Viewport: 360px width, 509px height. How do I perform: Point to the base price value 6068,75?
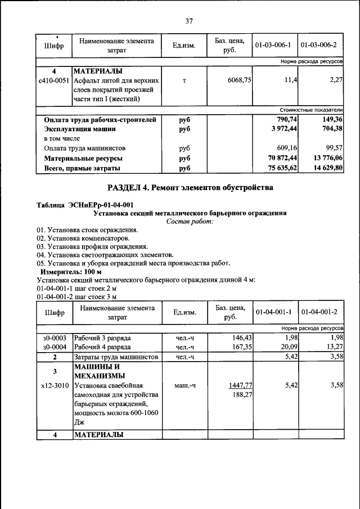238,80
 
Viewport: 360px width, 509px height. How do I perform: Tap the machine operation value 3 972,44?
283,129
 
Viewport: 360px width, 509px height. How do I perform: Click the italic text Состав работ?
190,222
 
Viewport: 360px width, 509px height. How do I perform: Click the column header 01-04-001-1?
272,312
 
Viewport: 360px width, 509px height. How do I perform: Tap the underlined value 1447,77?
239,386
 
